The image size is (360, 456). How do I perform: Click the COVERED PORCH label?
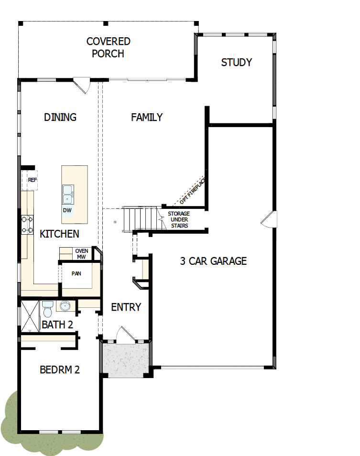point(108,48)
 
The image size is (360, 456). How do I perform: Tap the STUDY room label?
point(236,63)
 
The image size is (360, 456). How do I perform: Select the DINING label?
point(60,117)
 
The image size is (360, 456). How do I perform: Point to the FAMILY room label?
point(147,117)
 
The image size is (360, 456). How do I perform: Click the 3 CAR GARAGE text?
point(213,261)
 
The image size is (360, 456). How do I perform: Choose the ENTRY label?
point(126,307)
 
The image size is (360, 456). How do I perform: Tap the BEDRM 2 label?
point(59,369)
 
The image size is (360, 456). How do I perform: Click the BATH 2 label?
point(57,325)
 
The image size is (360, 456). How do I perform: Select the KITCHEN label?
point(59,234)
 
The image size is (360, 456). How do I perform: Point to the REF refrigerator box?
point(32,180)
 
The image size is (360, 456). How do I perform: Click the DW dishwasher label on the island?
point(67,210)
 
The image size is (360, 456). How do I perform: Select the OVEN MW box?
point(81,254)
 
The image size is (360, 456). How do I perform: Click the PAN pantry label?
point(76,274)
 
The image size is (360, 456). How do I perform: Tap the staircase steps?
point(140,219)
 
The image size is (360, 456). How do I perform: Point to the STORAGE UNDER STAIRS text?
point(178,219)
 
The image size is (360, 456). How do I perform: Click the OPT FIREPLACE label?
point(192,190)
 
